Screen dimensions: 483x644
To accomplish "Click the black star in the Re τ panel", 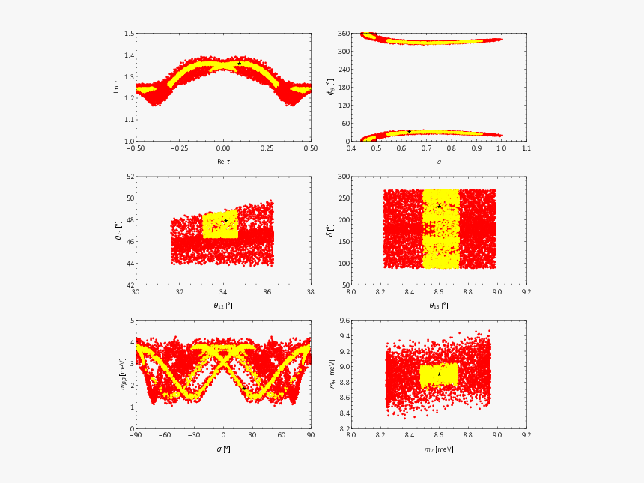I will [x=239, y=64].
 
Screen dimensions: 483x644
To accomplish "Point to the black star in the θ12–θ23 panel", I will [x=225, y=221].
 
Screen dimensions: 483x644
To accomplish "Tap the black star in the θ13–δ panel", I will [x=439, y=206].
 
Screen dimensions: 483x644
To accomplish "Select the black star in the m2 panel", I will [x=439, y=374].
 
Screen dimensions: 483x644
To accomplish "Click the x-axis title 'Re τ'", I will [x=223, y=161].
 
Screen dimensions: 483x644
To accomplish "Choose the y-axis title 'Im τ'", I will [x=115, y=87].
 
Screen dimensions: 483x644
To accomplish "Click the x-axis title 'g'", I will [x=439, y=161].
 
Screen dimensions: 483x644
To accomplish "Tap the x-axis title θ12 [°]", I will [x=223, y=305].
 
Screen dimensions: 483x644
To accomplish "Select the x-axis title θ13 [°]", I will [x=439, y=305].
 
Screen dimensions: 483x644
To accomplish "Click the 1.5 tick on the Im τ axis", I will [x=129, y=34].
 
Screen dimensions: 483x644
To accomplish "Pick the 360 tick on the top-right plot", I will [x=343, y=34].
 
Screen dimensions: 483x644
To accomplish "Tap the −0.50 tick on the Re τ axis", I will [x=135, y=149].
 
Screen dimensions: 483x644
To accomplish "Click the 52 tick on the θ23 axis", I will [x=130, y=177].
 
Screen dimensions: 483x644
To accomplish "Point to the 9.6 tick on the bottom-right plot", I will [x=344, y=321].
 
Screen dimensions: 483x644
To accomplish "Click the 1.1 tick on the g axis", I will [x=526, y=149].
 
